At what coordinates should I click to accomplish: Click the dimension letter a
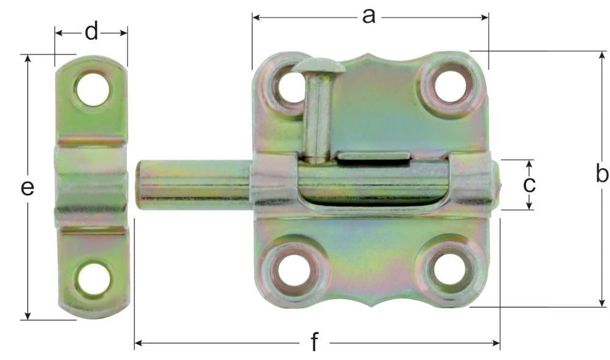click(x=368, y=16)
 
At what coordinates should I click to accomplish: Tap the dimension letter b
click(x=602, y=175)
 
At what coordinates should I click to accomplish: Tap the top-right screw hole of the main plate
click(x=450, y=86)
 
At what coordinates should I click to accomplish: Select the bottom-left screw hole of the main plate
click(x=292, y=271)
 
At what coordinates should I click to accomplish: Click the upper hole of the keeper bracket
click(x=93, y=89)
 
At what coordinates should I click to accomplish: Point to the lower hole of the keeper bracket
click(x=93, y=278)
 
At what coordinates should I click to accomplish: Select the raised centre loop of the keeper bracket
click(x=91, y=183)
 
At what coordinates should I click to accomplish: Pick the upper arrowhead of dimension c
click(x=529, y=164)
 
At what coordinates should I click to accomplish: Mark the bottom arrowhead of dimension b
click(x=602, y=303)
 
